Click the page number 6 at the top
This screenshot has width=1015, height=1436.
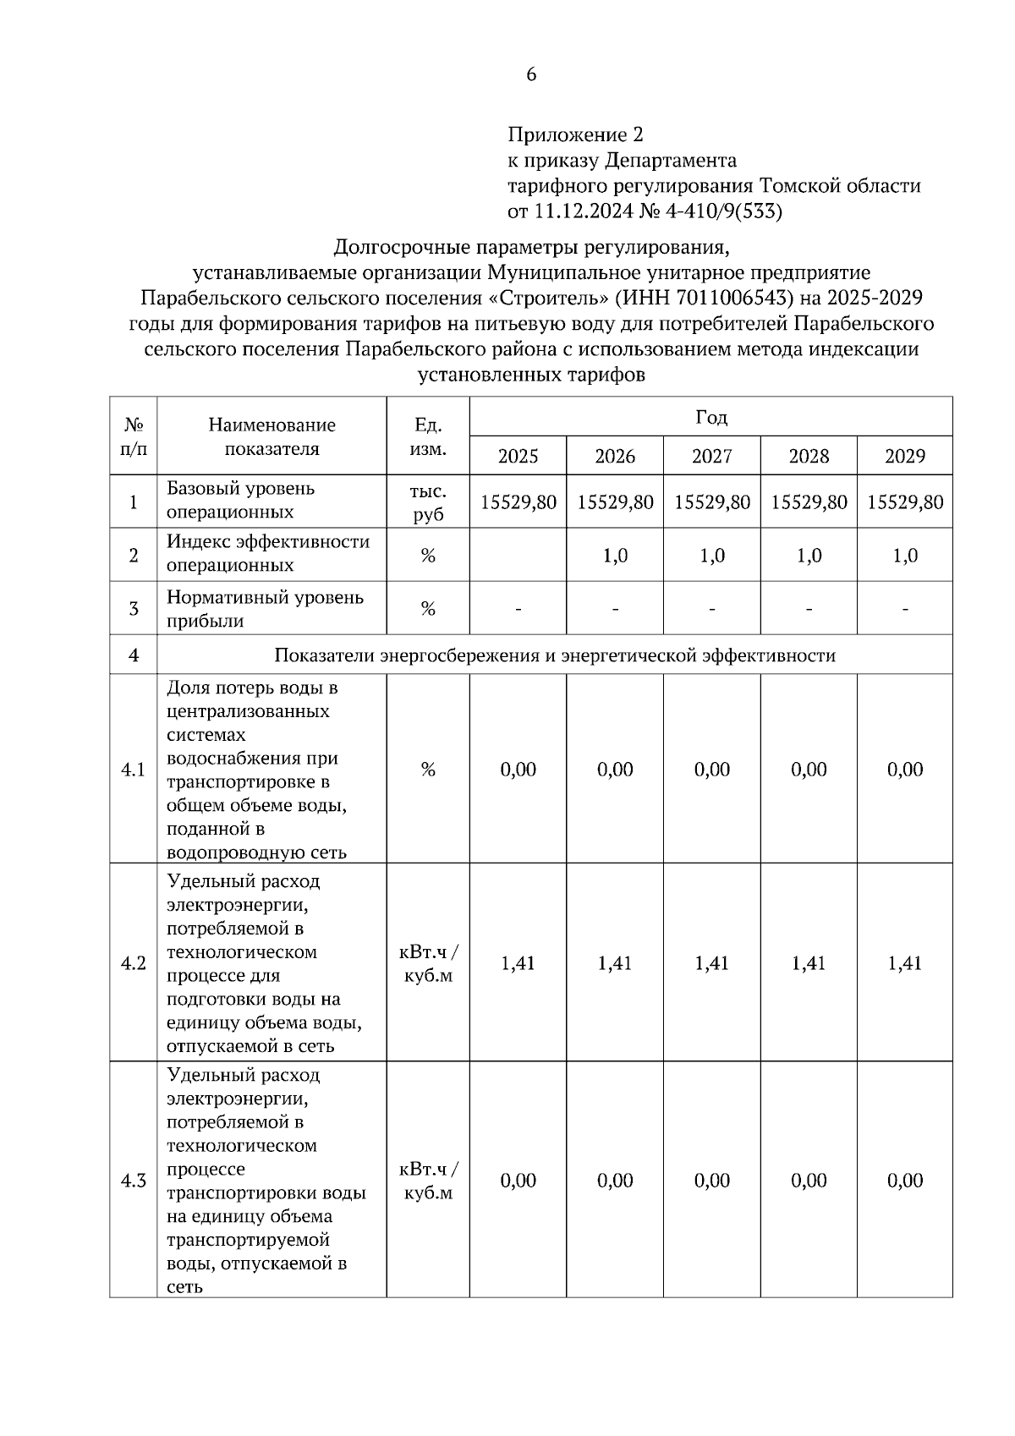(x=531, y=74)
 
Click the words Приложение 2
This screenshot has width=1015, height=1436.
(x=575, y=134)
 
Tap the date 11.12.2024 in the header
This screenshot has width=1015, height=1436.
(x=584, y=211)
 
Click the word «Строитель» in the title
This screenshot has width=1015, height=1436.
(x=548, y=298)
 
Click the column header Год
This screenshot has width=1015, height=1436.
(x=710, y=417)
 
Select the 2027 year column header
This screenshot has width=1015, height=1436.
(x=711, y=456)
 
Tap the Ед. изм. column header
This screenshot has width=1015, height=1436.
(x=428, y=436)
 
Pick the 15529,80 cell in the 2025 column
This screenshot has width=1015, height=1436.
(x=518, y=502)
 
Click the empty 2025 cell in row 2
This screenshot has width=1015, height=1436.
(x=518, y=555)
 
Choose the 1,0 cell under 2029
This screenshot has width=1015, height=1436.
(x=904, y=556)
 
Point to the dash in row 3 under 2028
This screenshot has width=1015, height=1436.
(x=809, y=609)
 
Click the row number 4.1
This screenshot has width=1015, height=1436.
(x=134, y=770)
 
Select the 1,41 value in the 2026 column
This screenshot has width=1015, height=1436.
(x=615, y=963)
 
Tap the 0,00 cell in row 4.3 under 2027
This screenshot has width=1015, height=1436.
(x=711, y=1181)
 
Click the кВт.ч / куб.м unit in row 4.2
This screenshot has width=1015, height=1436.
(x=428, y=963)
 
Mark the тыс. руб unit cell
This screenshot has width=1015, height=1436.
(x=428, y=502)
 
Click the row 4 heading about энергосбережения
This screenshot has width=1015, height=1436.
(x=555, y=655)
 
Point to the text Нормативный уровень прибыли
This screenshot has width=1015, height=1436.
(x=265, y=609)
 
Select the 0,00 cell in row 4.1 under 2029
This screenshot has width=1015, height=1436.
(x=904, y=770)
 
